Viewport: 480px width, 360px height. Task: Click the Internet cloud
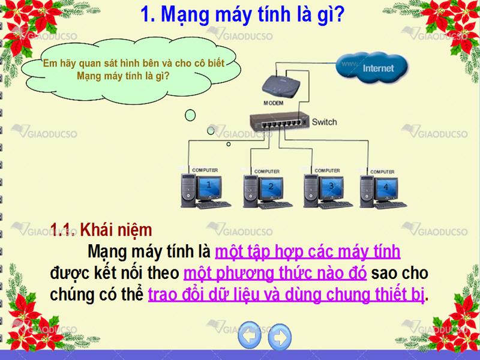372,68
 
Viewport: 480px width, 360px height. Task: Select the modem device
281,87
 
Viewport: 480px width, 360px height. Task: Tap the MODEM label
274,103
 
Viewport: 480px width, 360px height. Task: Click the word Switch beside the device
324,122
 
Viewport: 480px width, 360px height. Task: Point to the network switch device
279,121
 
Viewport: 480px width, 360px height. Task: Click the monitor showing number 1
209,187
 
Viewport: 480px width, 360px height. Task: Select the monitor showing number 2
271,188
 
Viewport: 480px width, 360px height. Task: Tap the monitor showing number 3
331,187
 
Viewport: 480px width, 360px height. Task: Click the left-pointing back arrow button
250,335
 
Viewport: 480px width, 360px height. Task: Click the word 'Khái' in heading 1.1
96,230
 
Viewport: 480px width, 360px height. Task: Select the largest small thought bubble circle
190,115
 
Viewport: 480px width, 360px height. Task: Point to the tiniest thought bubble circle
229,144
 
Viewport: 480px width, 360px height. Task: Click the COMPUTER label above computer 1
205,170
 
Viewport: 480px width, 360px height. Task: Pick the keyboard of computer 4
391,205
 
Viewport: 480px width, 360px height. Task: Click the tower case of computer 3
311,190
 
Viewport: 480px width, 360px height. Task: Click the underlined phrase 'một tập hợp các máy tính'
308,251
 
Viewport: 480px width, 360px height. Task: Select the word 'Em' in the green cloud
48,64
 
